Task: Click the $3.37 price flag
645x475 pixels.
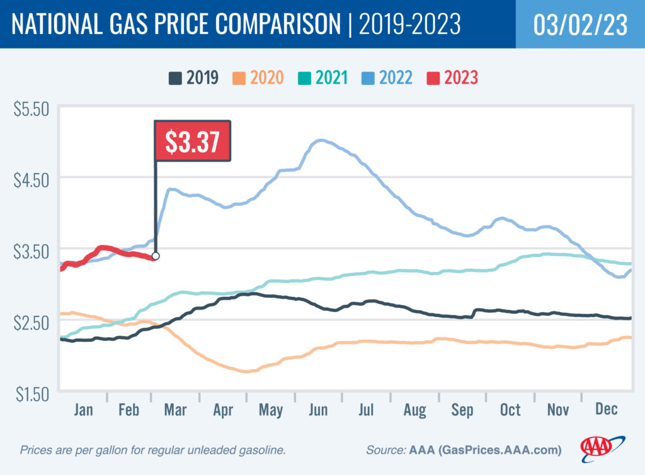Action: (x=193, y=142)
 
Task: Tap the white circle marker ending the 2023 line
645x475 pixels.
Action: (x=156, y=256)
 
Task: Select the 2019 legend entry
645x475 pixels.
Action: (x=194, y=78)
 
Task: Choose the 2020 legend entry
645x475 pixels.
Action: (x=260, y=78)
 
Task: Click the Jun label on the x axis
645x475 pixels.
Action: (x=318, y=410)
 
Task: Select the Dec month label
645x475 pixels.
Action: (x=605, y=410)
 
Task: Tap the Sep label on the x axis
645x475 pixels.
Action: (x=462, y=410)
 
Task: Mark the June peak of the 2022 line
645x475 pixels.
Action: (x=321, y=140)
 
